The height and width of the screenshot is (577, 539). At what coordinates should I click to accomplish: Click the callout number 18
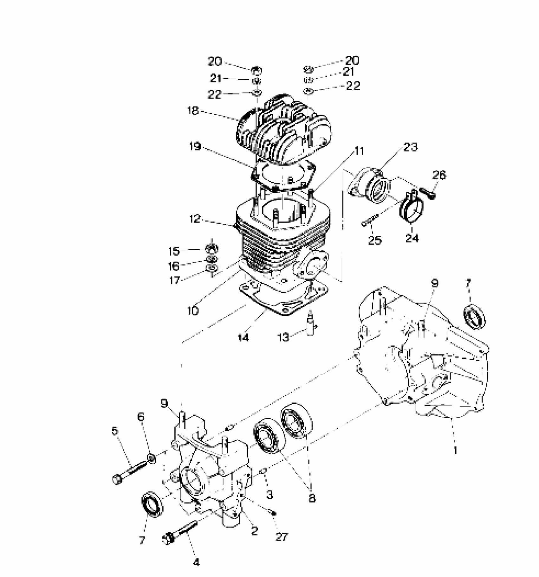click(x=193, y=111)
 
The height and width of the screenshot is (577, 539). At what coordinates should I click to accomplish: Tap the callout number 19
click(x=195, y=147)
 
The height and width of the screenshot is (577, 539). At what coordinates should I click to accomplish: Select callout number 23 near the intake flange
click(x=410, y=147)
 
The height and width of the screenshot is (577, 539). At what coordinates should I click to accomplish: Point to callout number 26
click(x=439, y=175)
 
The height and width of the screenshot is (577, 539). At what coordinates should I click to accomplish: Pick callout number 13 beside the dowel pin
click(x=283, y=337)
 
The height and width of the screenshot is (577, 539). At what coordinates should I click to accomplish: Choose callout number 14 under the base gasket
click(x=243, y=338)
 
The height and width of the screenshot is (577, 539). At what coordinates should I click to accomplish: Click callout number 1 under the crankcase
click(x=456, y=450)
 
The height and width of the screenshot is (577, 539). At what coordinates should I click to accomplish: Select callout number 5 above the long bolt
click(x=115, y=431)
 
